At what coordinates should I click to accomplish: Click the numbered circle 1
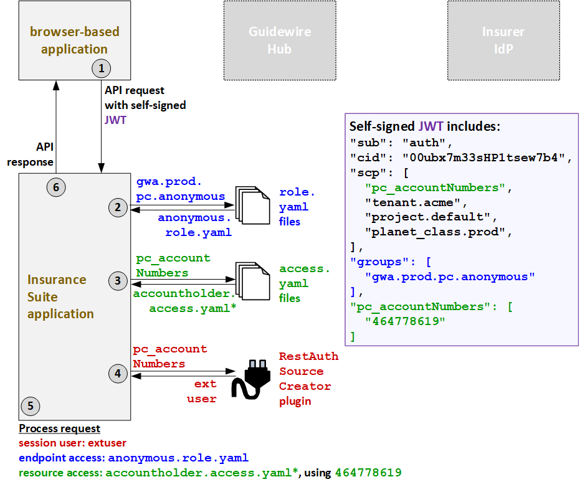click(101, 67)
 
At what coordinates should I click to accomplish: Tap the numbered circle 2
click(118, 208)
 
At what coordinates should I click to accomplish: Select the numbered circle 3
click(118, 281)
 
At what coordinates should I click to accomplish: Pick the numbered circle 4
click(118, 374)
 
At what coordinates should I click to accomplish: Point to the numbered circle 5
click(30, 407)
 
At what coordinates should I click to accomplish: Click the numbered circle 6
click(56, 186)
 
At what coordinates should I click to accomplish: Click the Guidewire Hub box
click(280, 40)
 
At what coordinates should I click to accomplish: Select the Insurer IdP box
click(503, 40)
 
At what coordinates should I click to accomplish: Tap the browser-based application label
click(74, 40)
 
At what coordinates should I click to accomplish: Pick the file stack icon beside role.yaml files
click(251, 205)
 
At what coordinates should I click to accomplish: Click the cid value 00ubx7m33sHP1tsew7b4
click(487, 156)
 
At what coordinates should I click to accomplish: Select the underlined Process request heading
click(59, 428)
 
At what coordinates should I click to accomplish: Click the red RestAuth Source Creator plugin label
click(308, 379)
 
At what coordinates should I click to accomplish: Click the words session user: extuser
click(72, 443)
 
